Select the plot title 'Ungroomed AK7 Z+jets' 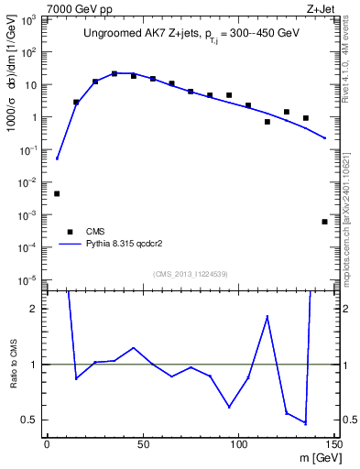pos(139,36)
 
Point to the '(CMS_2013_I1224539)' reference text pos(191,272)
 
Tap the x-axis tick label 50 pos(143,444)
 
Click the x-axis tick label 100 pos(238,444)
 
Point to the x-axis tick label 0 pos(47,444)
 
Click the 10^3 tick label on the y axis pos(30,19)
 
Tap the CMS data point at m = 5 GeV pos(57,193)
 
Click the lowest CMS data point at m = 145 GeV pos(324,222)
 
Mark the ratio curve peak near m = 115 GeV pos(267,316)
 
